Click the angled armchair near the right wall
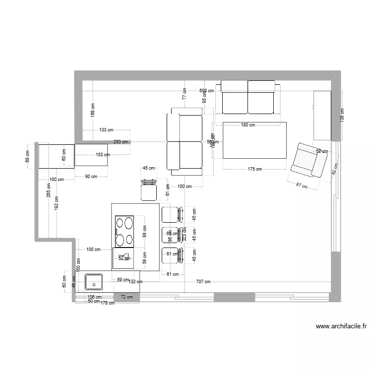309,161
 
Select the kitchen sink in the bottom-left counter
94,282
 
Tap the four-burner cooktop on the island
125,231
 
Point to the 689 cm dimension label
206,91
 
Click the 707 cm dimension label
203,282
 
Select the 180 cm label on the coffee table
248,125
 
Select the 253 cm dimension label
121,142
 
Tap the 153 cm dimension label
103,155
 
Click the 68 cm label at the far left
28,156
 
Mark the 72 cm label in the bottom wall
127,297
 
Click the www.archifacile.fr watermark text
341,327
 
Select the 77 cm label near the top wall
184,94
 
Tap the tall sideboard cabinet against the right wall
322,116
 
